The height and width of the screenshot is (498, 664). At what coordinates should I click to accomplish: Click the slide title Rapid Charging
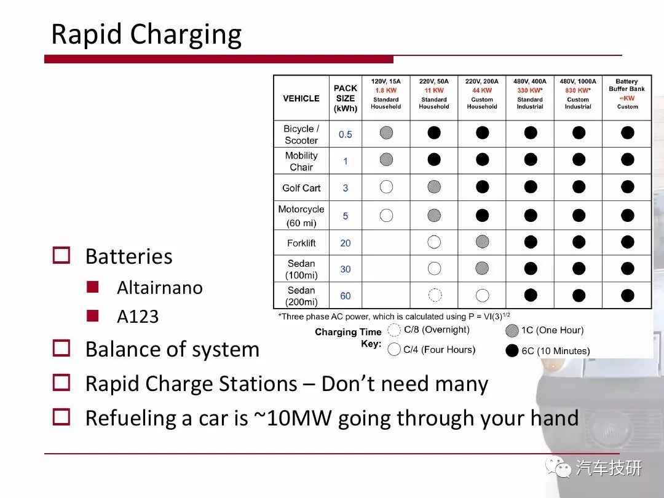[x=146, y=34]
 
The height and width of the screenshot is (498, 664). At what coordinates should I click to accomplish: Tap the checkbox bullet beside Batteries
[x=61, y=255]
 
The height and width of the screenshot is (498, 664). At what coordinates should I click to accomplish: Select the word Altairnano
[x=160, y=288]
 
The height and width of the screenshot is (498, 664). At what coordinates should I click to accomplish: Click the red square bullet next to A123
[x=93, y=316]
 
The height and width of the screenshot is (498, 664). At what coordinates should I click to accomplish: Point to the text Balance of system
[x=172, y=349]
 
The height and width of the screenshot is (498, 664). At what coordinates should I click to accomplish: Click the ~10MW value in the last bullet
[x=293, y=417]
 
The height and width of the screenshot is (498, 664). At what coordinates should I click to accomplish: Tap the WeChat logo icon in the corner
[x=558, y=467]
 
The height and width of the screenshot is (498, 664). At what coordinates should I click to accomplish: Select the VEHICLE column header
[x=301, y=98]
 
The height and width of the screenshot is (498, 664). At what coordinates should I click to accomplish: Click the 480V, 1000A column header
[x=578, y=81]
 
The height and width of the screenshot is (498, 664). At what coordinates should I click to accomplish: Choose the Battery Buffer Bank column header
[x=626, y=85]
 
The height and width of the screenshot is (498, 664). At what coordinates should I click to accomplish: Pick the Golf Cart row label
[x=301, y=188]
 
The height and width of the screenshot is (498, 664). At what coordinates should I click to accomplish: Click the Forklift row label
[x=301, y=243]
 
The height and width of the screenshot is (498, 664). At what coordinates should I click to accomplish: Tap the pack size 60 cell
[x=346, y=296]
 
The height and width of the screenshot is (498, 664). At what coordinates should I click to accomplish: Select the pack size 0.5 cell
[x=346, y=135]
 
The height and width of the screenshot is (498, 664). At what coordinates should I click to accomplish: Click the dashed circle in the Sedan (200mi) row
[x=435, y=294]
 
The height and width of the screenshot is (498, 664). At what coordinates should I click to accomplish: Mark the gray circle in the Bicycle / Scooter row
[x=386, y=133]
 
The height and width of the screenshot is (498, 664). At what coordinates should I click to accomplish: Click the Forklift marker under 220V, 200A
[x=483, y=242]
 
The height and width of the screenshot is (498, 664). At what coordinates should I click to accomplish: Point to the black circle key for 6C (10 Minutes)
[x=512, y=350]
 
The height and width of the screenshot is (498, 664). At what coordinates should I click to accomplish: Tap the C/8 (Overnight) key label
[x=437, y=330]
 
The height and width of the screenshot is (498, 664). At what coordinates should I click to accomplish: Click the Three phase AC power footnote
[x=394, y=317]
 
